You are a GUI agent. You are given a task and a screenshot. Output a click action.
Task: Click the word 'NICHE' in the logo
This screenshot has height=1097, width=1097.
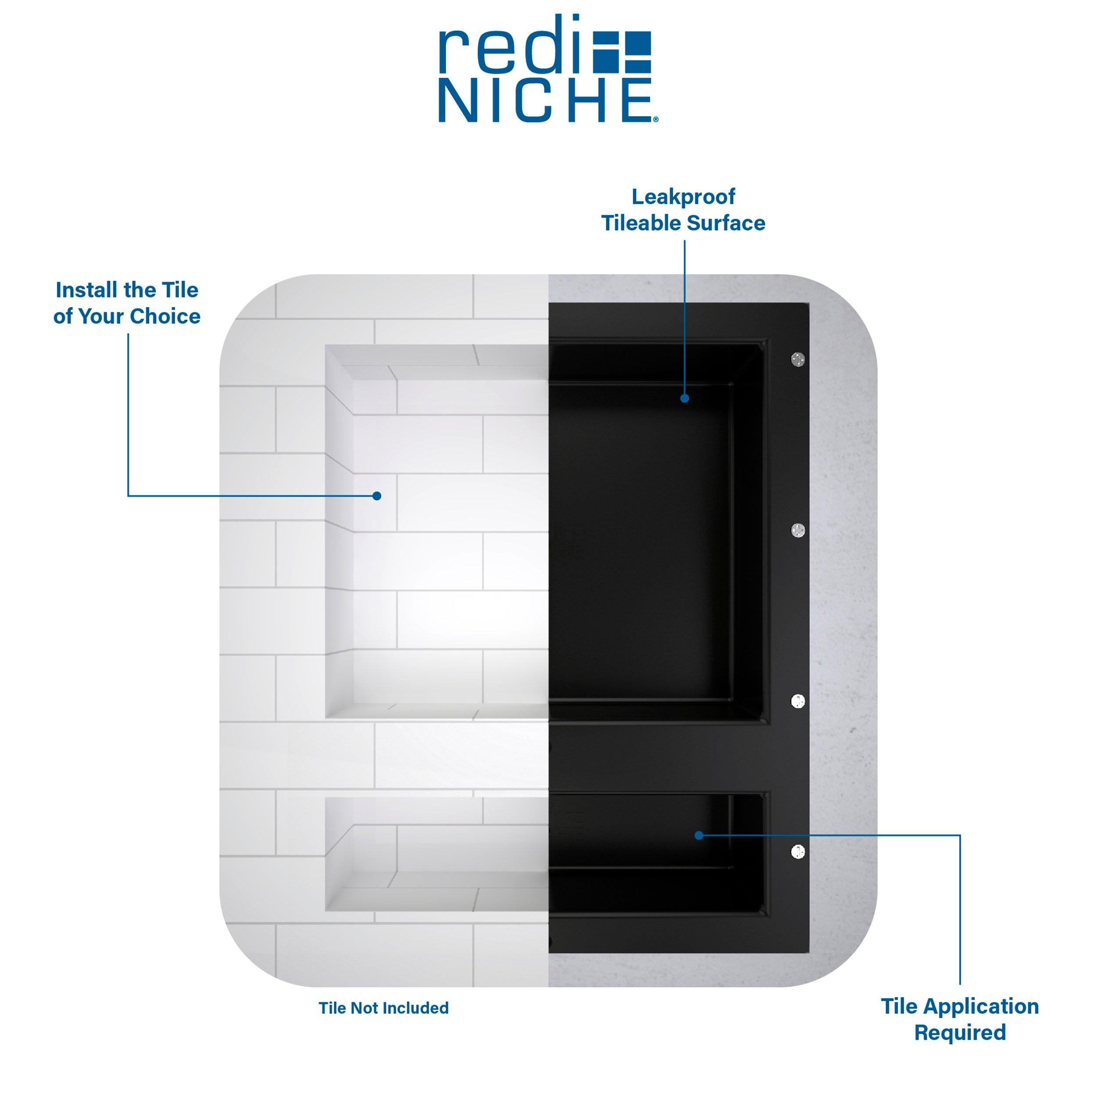(x=545, y=100)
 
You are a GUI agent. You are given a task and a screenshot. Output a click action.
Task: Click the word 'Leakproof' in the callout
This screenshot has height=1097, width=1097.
(x=683, y=197)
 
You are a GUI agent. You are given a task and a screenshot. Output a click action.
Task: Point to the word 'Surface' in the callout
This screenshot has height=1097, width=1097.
(x=726, y=223)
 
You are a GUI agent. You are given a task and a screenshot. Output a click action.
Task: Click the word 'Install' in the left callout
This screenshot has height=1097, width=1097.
(x=87, y=290)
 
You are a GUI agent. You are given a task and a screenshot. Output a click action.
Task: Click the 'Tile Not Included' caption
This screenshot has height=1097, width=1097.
(x=384, y=1008)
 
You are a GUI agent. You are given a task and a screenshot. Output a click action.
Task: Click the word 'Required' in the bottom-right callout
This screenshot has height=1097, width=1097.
(x=960, y=1032)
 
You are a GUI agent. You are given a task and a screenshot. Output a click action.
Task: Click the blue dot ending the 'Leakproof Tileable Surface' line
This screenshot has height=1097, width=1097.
(x=685, y=398)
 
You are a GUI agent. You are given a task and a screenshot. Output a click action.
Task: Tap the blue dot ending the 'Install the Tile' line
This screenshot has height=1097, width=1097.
(x=376, y=496)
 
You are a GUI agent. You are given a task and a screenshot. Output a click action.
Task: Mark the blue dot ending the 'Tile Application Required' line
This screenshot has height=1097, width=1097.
(x=699, y=835)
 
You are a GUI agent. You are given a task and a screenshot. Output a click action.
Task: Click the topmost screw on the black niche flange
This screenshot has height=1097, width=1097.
(x=798, y=359)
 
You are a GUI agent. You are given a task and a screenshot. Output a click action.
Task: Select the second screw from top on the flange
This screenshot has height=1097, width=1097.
(x=798, y=531)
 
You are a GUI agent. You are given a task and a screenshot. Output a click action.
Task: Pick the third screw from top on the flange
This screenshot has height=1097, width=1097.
(x=798, y=701)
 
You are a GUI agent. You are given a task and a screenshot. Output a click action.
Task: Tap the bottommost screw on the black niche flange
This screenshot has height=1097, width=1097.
(x=798, y=852)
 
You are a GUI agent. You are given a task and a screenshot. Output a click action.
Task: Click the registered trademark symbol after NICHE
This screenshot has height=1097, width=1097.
(x=656, y=119)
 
